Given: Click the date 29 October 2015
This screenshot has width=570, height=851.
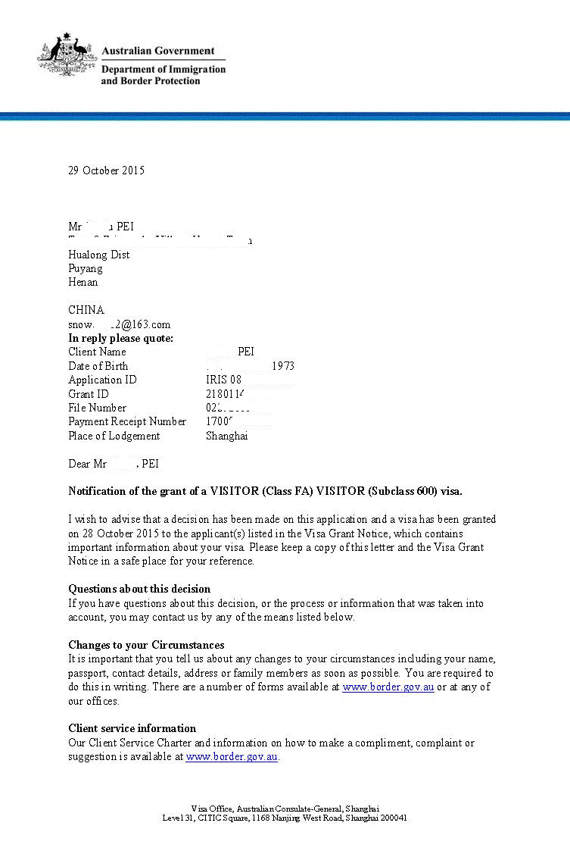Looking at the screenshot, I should pos(106,171).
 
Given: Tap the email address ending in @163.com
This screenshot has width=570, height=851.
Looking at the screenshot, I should pos(120,324).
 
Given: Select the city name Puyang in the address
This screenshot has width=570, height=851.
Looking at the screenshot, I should pos(86,268).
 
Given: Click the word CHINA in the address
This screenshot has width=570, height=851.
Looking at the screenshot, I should pos(86,310).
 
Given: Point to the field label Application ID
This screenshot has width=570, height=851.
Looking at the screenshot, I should pos(102,380).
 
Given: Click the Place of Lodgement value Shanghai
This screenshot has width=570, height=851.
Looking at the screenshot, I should pos(226,436).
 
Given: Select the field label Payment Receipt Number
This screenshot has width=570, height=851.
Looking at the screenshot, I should pos(127,421).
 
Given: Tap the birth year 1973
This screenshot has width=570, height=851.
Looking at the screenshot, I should pos(283,366).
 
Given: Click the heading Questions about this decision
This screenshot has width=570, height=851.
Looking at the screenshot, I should pos(139,589).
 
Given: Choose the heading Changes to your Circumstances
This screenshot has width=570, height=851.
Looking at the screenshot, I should pos(146,645).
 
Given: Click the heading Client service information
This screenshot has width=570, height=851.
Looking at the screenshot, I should pos(132,728).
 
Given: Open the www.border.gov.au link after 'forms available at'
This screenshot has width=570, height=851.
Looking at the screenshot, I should pos(388,687).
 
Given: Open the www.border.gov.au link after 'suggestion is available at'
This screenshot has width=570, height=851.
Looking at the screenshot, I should pos(232,756).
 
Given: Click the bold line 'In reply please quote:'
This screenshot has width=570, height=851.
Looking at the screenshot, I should pos(120,338).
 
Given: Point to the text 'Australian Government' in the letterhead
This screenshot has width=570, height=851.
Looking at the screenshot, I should pos(157,51).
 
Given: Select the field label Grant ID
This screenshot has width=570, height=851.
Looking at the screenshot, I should pos(89,394).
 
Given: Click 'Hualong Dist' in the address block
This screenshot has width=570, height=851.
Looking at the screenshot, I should pos(98,255).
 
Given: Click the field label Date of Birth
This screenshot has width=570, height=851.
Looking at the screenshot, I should pos(98,366).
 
